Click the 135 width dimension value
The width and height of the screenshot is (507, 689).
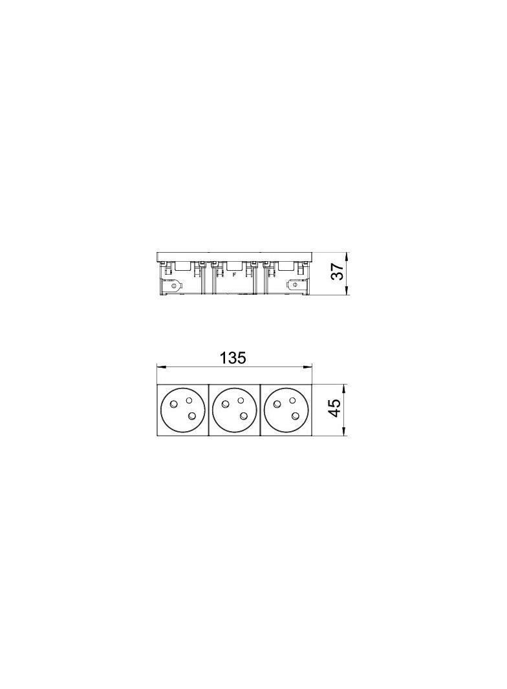(233, 358)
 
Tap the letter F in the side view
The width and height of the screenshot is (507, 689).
(234, 275)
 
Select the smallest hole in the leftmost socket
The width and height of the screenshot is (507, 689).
(189, 400)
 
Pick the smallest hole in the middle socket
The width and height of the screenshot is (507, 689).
(241, 400)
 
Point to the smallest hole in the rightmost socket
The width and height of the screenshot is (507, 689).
(292, 400)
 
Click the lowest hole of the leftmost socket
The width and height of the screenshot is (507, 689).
(192, 416)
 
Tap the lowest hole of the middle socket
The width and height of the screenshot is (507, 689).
(244, 416)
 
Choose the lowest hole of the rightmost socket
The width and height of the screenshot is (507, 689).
(294, 416)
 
